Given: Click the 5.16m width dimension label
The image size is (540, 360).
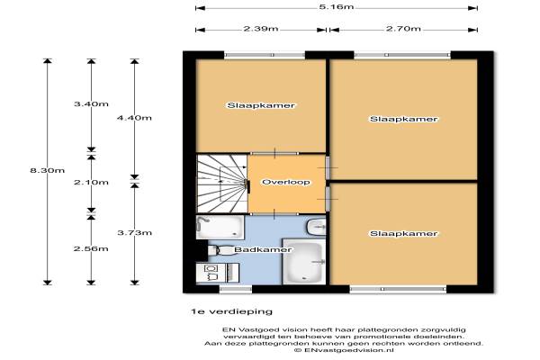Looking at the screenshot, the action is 336,7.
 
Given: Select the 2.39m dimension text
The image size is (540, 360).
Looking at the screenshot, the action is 261,29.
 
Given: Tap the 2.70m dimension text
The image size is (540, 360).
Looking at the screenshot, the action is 403,29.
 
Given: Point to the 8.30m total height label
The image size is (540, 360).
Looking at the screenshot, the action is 47,170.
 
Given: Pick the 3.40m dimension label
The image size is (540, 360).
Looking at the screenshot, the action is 91,103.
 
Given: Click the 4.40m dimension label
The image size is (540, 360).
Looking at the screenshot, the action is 134,118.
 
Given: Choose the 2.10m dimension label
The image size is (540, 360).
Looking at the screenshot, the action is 91,182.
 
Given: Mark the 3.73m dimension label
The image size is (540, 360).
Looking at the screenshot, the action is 134,232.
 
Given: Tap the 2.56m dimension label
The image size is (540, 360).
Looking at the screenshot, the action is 91,248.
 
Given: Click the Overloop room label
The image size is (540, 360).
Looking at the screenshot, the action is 286,182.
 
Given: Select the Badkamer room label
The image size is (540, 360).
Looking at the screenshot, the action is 263,249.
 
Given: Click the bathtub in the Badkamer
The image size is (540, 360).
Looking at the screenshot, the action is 303,262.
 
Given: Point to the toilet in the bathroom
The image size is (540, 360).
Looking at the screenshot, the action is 220,249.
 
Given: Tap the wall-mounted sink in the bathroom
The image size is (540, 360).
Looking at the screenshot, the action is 316,227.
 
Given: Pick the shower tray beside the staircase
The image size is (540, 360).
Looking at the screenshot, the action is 220,227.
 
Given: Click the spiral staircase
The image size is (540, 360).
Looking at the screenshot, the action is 222,184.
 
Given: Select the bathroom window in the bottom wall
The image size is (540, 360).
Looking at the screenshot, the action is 236,289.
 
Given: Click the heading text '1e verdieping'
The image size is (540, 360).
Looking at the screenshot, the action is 232,311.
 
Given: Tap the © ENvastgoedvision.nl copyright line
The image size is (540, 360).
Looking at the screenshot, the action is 344,350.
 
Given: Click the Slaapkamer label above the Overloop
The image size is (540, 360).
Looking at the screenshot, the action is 261,105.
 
